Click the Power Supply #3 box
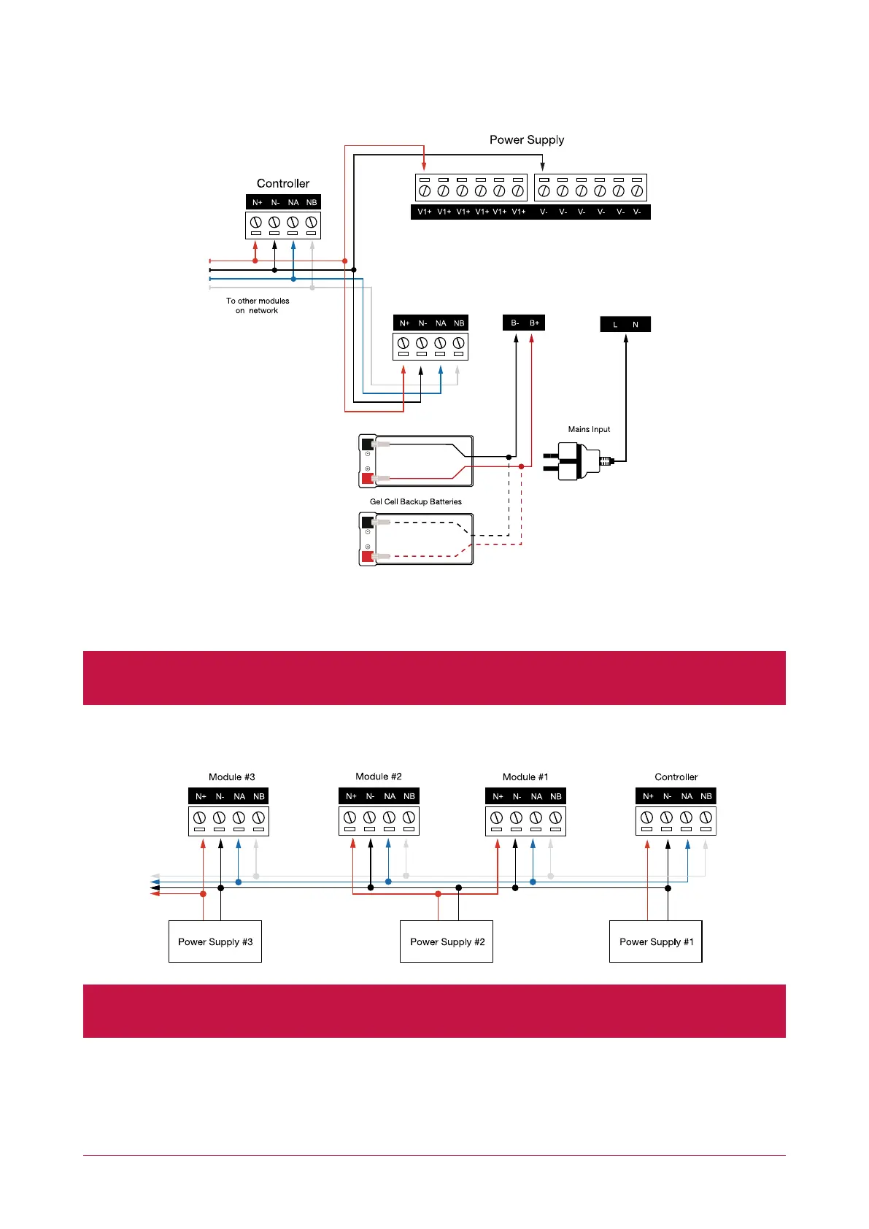[x=215, y=941]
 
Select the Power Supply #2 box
[x=447, y=941]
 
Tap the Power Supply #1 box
[x=655, y=941]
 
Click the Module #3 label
[x=232, y=777]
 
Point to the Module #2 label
[x=379, y=777]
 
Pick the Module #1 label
[x=525, y=777]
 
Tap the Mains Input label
[x=589, y=430]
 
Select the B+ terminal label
[x=535, y=323]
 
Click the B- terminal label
[x=514, y=323]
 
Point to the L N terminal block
[x=625, y=325]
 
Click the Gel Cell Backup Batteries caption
[x=416, y=502]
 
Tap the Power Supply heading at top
[x=527, y=140]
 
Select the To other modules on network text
[x=258, y=306]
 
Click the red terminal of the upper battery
[x=367, y=478]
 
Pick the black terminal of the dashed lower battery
[x=367, y=523]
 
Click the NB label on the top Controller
[x=312, y=203]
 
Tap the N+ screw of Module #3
[x=200, y=818]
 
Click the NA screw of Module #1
[x=536, y=818]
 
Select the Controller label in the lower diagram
[x=676, y=777]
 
